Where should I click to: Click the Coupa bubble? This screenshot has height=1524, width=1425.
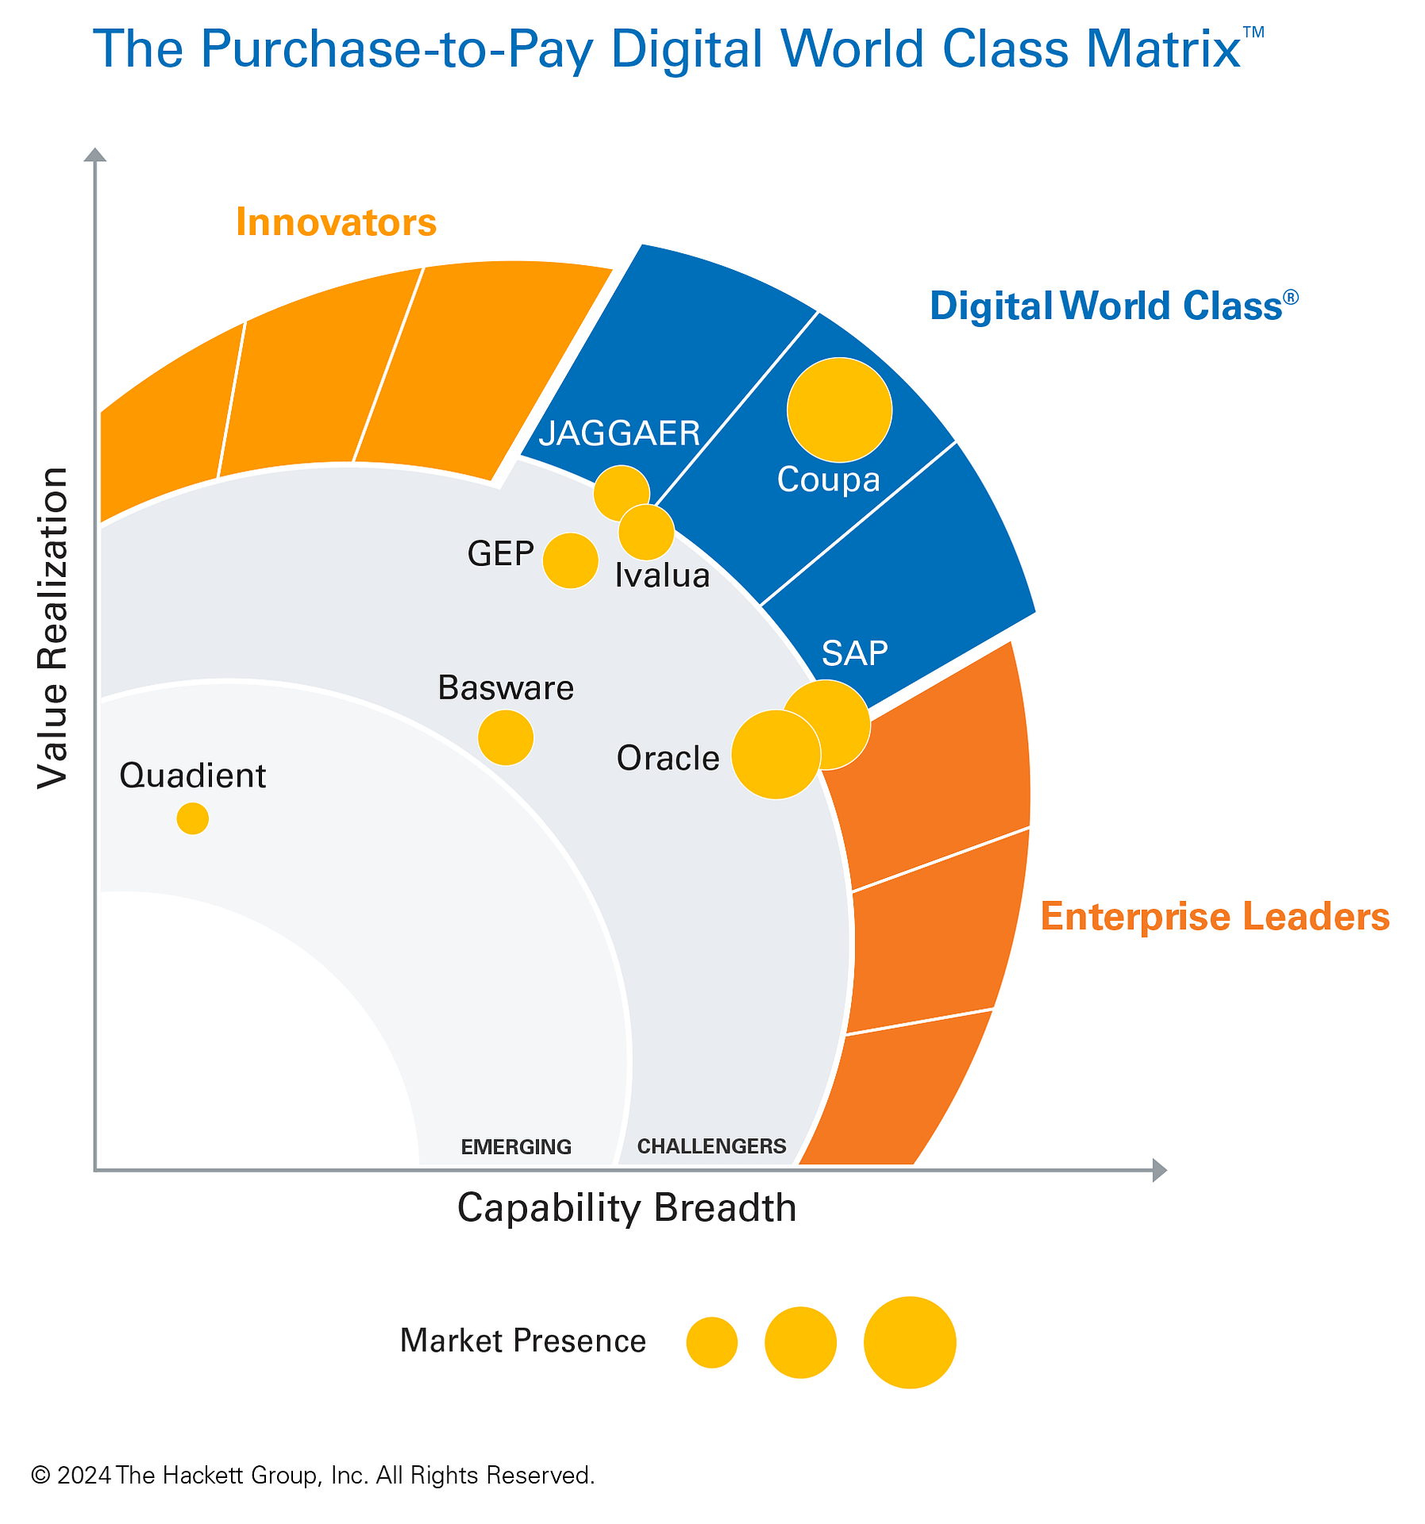(x=839, y=410)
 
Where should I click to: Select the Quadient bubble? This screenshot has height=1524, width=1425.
(x=192, y=818)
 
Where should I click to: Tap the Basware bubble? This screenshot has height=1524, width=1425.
(x=506, y=737)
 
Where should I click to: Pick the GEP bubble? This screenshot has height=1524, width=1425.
(x=570, y=560)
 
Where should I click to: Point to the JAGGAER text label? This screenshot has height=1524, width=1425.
(x=619, y=433)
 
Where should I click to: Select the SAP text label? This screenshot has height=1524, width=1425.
(x=854, y=653)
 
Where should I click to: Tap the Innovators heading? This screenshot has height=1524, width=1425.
(x=336, y=223)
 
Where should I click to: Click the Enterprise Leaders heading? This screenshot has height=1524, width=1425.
(x=1215, y=917)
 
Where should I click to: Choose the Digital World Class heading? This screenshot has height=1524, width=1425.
(x=1111, y=306)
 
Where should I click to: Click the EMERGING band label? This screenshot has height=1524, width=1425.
(x=516, y=1147)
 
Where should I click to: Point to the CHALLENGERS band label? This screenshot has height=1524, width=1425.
(x=711, y=1146)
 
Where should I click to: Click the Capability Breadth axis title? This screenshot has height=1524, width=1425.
(x=626, y=1209)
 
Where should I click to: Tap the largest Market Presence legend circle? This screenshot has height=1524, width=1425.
(x=910, y=1342)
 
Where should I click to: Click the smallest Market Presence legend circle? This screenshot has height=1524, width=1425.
(x=712, y=1342)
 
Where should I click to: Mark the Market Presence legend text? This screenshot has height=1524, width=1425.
(x=522, y=1341)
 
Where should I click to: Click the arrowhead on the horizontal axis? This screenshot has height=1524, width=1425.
(x=1159, y=1170)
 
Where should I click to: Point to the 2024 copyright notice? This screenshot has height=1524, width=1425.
(x=313, y=1476)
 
